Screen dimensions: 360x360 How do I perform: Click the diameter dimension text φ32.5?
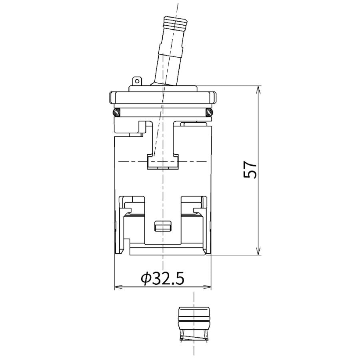(162, 278)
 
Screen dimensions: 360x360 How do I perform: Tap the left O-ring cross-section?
(116, 112)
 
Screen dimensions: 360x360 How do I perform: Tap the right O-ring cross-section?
(209, 112)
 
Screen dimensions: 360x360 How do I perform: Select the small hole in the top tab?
(137, 81)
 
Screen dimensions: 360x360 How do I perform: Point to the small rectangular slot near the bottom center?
(163, 226)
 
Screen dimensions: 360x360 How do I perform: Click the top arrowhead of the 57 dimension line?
(259, 90)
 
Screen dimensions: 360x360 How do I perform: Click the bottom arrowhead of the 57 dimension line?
(259, 251)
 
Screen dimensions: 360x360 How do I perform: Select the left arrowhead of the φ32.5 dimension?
(119, 287)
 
